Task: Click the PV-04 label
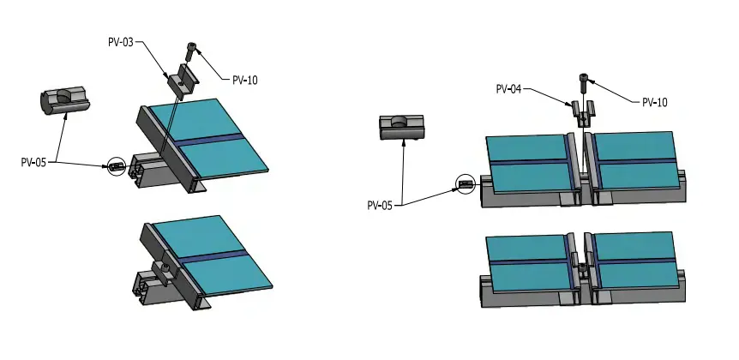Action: [x=510, y=87]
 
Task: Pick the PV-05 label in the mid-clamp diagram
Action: [x=382, y=205]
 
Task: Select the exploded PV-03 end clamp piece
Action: [x=183, y=81]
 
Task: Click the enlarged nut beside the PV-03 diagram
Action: [x=64, y=99]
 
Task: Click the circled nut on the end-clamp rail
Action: [x=116, y=166]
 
